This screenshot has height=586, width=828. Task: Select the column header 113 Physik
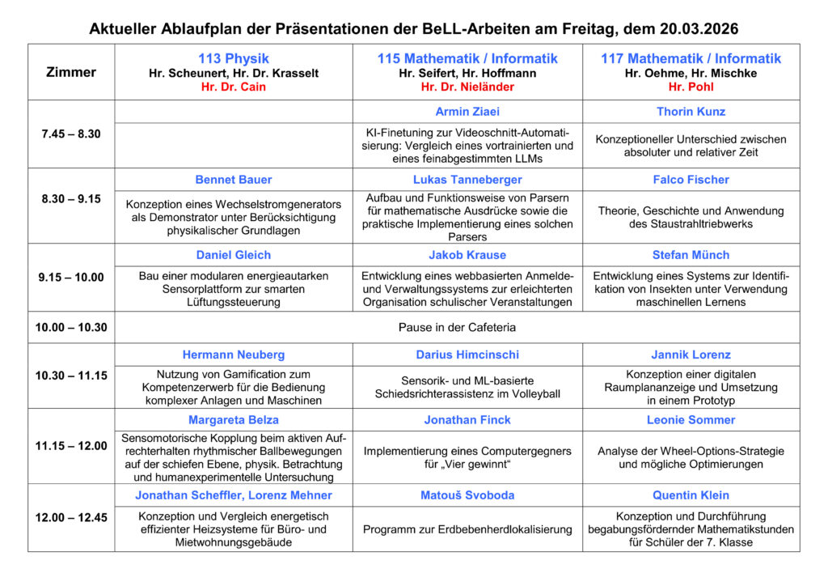[234, 58]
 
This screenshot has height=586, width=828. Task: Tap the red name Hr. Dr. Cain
[234, 87]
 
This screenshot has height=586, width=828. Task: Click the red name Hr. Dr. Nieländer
[467, 87]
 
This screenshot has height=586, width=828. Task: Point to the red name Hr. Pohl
[691, 87]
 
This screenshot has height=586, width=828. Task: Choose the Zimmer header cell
[71, 72]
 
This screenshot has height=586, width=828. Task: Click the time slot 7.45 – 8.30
[71, 134]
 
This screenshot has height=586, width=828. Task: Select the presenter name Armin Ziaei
[467, 112]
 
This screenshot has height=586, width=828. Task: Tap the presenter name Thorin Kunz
[691, 112]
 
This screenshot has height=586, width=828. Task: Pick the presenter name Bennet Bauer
[234, 180]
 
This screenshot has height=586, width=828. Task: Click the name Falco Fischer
[691, 180]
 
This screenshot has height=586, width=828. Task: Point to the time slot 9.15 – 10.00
[71, 277]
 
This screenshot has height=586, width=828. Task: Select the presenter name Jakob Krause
[467, 255]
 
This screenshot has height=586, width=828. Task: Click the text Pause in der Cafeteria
[457, 327]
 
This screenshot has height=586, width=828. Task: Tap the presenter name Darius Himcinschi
[467, 355]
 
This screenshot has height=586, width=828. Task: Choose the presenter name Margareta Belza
[234, 420]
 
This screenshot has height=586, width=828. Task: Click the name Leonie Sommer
[691, 420]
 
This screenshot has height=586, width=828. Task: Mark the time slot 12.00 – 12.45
[71, 517]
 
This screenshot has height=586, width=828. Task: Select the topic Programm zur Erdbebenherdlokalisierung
[467, 529]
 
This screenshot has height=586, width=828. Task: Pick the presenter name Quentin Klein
[691, 495]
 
